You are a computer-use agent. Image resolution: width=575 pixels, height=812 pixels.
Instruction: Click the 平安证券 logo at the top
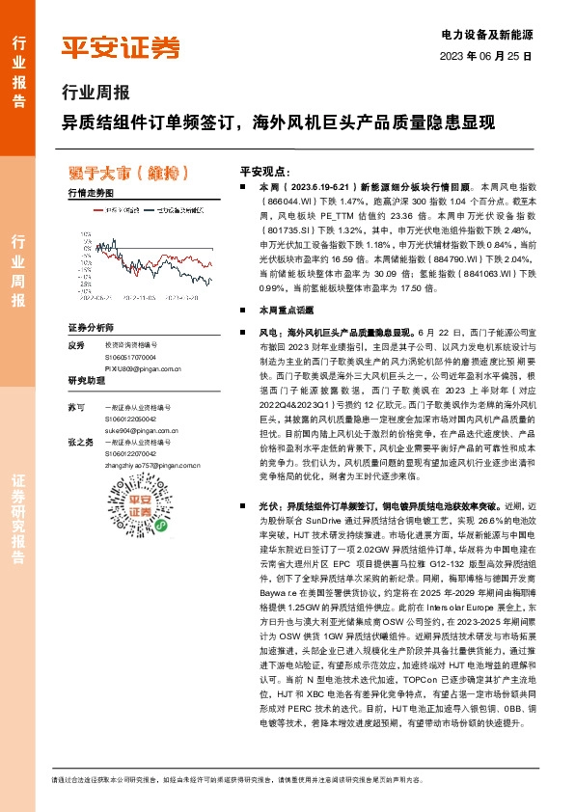121,46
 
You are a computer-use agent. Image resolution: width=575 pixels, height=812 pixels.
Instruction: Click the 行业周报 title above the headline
94,95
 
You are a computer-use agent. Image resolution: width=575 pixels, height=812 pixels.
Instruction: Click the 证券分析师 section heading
91,327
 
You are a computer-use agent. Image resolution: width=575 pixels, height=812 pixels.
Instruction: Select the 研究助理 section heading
85,381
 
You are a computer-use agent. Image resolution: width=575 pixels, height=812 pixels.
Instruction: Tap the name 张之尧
80,443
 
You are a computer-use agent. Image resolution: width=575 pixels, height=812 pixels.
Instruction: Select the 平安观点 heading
264,167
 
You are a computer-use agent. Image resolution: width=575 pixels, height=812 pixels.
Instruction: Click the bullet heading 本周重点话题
280,311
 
